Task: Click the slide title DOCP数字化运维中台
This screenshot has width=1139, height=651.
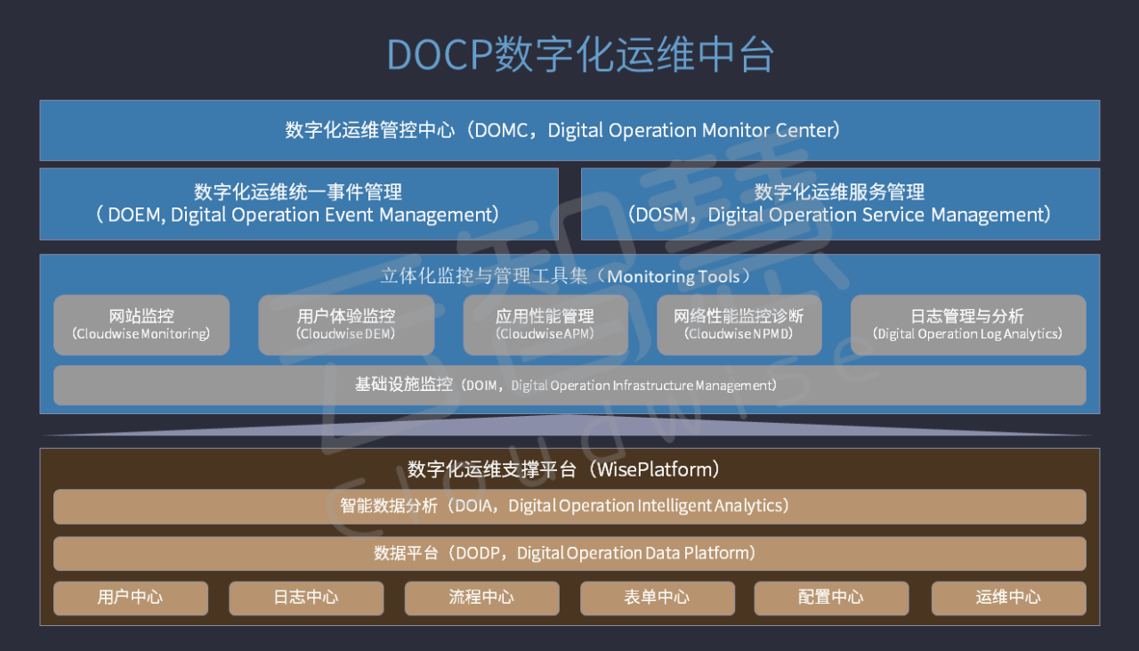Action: pyautogui.click(x=580, y=54)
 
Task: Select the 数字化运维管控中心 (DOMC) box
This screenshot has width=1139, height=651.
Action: pyautogui.click(x=569, y=130)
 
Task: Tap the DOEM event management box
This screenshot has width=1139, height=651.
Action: pyautogui.click(x=299, y=204)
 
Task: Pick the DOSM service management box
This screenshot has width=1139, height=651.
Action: pyautogui.click(x=840, y=204)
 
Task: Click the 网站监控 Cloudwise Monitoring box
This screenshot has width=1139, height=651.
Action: pyautogui.click(x=141, y=325)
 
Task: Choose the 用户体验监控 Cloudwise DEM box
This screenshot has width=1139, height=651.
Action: pyautogui.click(x=346, y=325)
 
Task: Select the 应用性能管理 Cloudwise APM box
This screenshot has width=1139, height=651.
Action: pyautogui.click(x=545, y=325)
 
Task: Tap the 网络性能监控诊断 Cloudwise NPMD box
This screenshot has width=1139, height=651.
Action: pyautogui.click(x=739, y=325)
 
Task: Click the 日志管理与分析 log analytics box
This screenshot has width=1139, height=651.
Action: pyautogui.click(x=968, y=325)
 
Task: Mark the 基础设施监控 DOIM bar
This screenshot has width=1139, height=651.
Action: pyautogui.click(x=569, y=385)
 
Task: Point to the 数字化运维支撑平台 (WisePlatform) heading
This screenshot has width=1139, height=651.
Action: pyautogui.click(x=564, y=468)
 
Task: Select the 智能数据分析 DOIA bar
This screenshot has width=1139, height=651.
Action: pyautogui.click(x=569, y=506)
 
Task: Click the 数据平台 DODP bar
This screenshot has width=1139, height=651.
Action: pyautogui.click(x=569, y=553)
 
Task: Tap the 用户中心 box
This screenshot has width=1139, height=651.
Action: pyautogui.click(x=131, y=598)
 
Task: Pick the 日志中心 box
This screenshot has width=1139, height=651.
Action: pyautogui.click(x=306, y=598)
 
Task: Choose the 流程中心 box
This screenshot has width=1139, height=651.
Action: pyautogui.click(x=481, y=598)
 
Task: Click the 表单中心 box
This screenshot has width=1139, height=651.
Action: pyautogui.click(x=658, y=598)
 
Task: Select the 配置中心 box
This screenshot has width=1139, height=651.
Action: pyautogui.click(x=831, y=598)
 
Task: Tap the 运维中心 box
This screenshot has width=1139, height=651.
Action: pyautogui.click(x=1008, y=598)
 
